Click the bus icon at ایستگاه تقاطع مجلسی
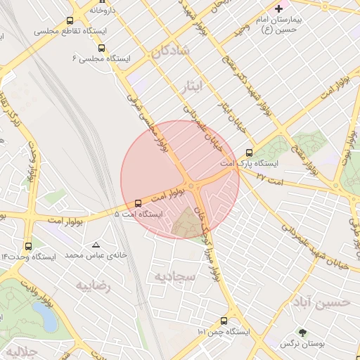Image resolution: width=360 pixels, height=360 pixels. coord(70,20)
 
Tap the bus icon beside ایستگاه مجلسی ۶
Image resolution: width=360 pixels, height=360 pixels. coord(102,49)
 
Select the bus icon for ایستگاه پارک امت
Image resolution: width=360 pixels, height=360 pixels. coord(249,153)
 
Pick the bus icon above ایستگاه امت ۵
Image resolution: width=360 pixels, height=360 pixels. coord(137,203)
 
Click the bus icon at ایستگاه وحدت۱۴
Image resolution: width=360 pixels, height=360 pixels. coord(28,247)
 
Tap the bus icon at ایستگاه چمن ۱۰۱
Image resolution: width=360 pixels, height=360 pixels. coord(224,321)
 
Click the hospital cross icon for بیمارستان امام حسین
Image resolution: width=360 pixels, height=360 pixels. coord(279,8)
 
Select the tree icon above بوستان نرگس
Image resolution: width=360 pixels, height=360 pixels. coord(302,333)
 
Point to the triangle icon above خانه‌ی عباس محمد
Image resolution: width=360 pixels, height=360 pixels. coord(96,245)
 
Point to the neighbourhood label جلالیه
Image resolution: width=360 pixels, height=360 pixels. coord(15,350)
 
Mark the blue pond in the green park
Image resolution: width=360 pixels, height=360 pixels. coord(48,319)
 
